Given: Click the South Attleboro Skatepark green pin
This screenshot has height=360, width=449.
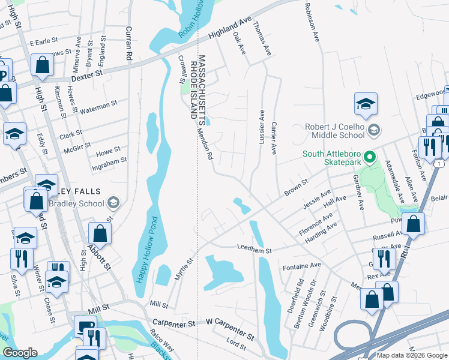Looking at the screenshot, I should coord(370,158).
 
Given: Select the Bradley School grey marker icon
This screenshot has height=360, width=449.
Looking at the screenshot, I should coord(114,203).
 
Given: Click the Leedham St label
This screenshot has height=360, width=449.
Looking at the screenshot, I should coord(255,247).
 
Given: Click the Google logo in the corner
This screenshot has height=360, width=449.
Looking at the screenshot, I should coord(20,353).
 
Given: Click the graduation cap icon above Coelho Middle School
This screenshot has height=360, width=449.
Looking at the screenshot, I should coord(365,104).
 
